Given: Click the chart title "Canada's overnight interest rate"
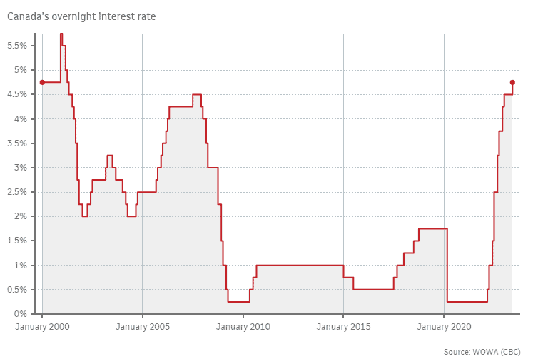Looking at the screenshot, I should tap(81, 16).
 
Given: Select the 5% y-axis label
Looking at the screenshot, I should tap(21, 70).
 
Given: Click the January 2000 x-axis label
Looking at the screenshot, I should tap(42, 327).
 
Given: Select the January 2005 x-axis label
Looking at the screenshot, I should tap(142, 327).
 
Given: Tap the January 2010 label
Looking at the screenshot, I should tap(243, 327).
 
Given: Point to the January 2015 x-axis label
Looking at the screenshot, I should tap(343, 327).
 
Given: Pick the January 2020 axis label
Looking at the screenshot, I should tap(444, 327).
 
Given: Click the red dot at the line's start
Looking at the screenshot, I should tap(42, 82).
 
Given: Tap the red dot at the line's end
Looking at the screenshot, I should tap(512, 82).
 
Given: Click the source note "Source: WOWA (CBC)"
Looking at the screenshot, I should tap(482, 352).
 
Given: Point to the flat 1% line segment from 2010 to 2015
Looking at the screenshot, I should tap(300, 265).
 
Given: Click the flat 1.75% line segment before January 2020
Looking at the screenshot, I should tap(432, 228).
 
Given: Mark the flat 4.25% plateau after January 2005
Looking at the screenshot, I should tap(181, 106).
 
